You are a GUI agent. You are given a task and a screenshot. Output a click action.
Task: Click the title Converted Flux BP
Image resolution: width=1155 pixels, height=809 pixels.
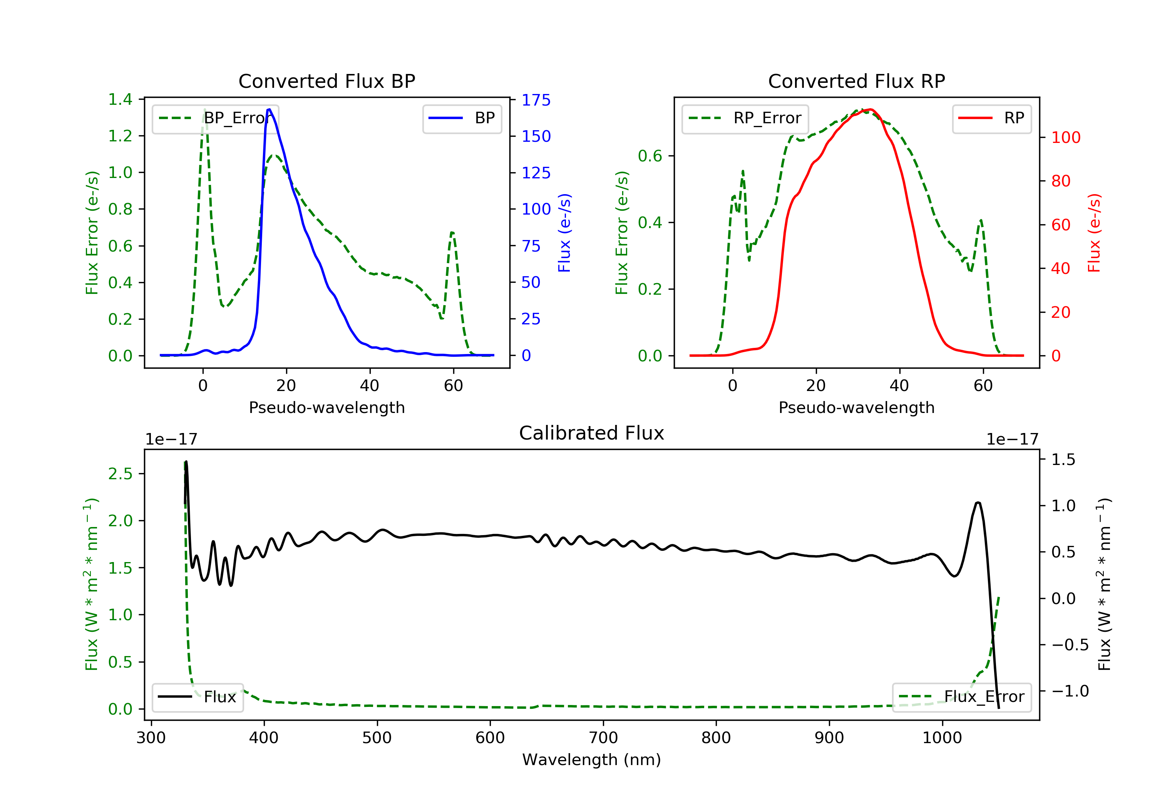coord(326,81)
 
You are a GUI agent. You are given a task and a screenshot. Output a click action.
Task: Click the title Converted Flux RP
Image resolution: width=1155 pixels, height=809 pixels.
coord(856,81)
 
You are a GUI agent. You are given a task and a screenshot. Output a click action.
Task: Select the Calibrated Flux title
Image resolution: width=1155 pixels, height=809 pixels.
coord(592,433)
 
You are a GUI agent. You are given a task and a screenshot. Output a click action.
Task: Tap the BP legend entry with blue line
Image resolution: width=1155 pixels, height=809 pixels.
coord(462,118)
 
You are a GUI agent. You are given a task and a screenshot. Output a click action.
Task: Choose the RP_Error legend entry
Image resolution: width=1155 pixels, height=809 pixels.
coord(745,118)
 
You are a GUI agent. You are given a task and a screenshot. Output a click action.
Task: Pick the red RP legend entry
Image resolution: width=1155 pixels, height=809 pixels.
coord(991,118)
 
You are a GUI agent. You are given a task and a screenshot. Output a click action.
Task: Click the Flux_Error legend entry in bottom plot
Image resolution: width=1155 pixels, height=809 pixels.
coord(961,697)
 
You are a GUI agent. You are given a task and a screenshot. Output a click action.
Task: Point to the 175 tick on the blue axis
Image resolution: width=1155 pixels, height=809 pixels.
coord(536,100)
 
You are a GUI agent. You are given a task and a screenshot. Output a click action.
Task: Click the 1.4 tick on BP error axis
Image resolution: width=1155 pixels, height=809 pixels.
coord(120,99)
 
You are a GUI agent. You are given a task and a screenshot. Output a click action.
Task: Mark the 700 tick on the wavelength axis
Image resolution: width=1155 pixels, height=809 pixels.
coord(603,738)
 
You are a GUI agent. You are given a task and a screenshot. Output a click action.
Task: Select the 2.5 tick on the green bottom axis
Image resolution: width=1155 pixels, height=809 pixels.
coord(120,474)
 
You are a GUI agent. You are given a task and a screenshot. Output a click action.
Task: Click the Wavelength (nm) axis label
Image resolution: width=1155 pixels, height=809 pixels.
coord(592,760)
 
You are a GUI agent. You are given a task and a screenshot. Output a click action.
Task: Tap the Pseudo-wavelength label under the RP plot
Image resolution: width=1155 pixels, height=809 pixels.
coord(856,407)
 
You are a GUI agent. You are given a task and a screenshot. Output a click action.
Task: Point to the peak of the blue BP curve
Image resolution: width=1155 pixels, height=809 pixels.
coord(269,109)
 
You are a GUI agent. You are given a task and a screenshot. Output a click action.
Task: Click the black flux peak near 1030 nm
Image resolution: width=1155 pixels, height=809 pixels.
coord(978,502)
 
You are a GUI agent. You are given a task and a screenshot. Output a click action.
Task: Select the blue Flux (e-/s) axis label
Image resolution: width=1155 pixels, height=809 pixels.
coord(564,233)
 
